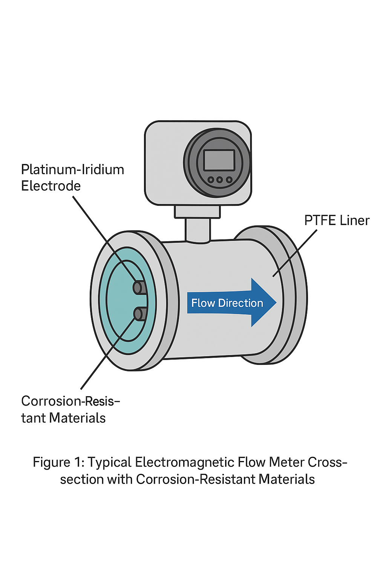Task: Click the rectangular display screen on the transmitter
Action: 219,160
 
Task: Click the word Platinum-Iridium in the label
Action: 72,170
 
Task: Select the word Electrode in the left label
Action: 51,186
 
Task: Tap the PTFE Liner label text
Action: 337,221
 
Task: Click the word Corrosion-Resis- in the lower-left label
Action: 70,401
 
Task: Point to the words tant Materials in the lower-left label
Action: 63,418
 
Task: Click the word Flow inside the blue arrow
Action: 203,303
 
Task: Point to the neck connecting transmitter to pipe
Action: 198,230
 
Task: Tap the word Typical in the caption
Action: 109,463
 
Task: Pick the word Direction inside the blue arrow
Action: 240,303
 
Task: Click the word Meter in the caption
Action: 287,463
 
